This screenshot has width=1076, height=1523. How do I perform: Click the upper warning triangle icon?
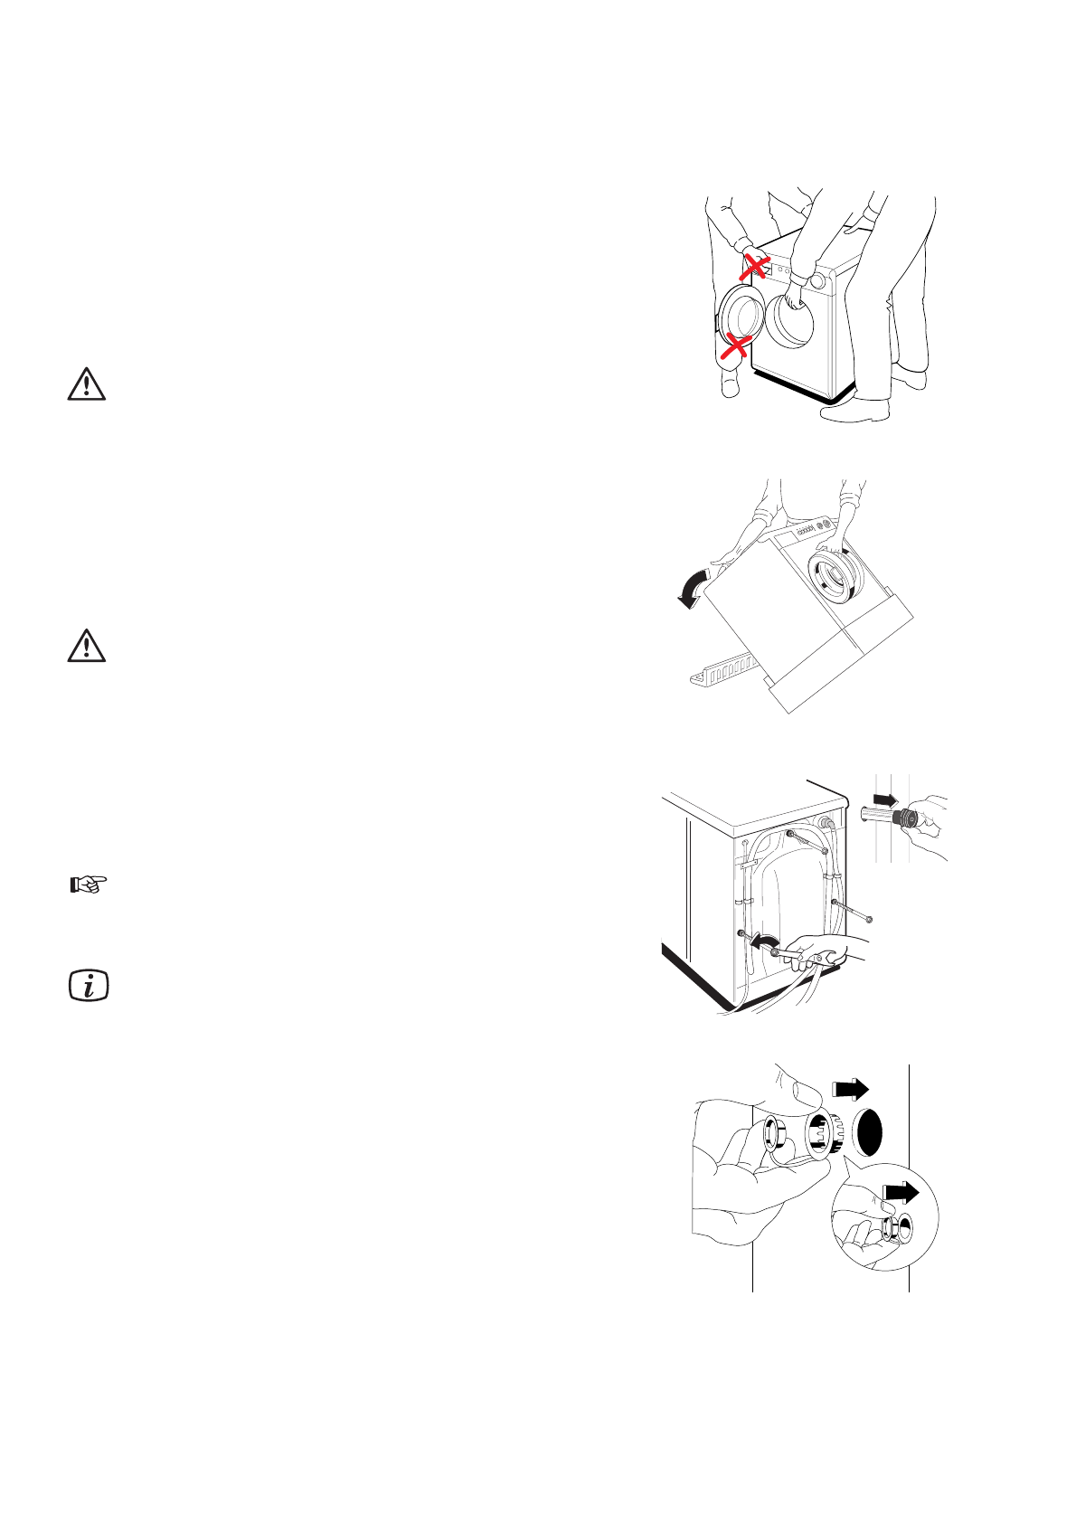point(86,384)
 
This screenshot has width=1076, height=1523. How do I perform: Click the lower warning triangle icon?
point(86,647)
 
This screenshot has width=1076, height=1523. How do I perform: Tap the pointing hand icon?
point(89,884)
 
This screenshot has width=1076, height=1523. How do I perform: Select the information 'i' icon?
point(89,985)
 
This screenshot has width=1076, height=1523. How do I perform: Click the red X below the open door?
point(737,345)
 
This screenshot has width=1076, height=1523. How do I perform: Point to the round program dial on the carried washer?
point(817,280)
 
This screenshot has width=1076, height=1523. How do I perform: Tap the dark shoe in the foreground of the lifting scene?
point(854,411)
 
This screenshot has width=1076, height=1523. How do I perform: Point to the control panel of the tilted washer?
point(818,529)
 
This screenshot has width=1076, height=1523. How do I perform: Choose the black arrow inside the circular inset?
point(901,1193)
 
